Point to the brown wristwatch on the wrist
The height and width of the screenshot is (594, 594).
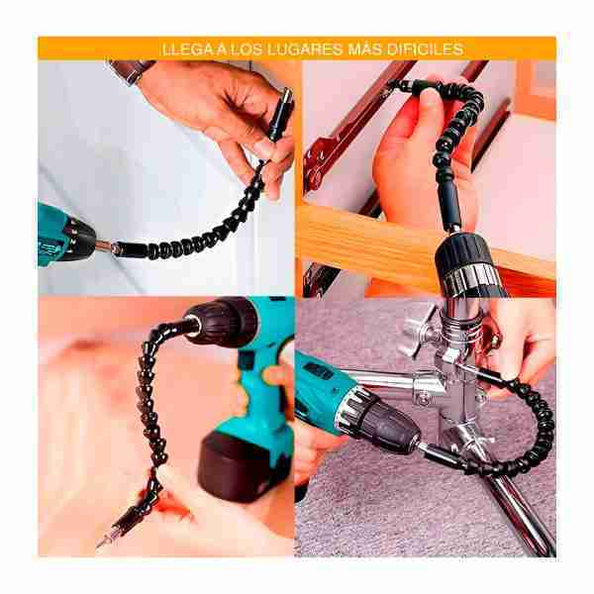pyautogui.click(x=131, y=70)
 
